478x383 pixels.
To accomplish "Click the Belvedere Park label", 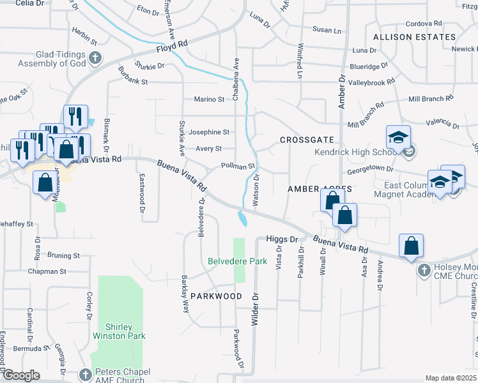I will coord(237,261).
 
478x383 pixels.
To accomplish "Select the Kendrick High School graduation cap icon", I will coord(398,137).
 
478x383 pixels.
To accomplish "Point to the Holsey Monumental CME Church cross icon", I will coord(423,271).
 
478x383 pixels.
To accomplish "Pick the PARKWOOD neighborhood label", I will coord(216,296).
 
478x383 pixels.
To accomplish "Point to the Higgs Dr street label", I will coord(282,239).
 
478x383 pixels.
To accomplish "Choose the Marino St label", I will coord(209,99).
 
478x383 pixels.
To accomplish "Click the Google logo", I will coord(21,375).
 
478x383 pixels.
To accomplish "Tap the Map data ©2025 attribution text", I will coord(450,378).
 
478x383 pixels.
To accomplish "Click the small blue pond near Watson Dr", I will coord(243,220).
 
